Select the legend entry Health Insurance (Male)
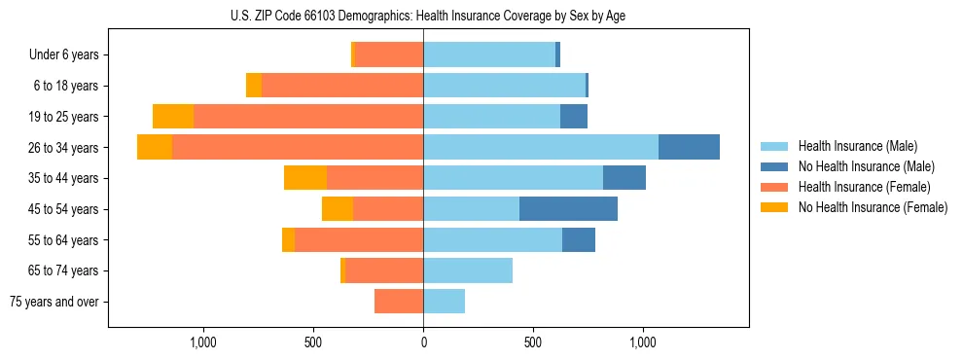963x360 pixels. click(x=852, y=146)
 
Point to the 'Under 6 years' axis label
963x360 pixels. click(x=63, y=54)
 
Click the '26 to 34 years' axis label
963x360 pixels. click(x=62, y=147)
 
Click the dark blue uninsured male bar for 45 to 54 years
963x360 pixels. click(x=568, y=209)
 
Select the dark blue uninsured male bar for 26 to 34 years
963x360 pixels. click(x=689, y=147)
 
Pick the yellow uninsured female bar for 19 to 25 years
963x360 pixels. click(x=173, y=117)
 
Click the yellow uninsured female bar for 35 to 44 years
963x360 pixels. click(x=305, y=178)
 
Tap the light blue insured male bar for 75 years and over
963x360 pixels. click(x=444, y=302)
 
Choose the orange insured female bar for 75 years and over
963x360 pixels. click(x=399, y=302)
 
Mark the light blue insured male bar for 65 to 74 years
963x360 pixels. click(x=468, y=270)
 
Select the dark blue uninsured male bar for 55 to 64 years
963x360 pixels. click(x=579, y=239)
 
